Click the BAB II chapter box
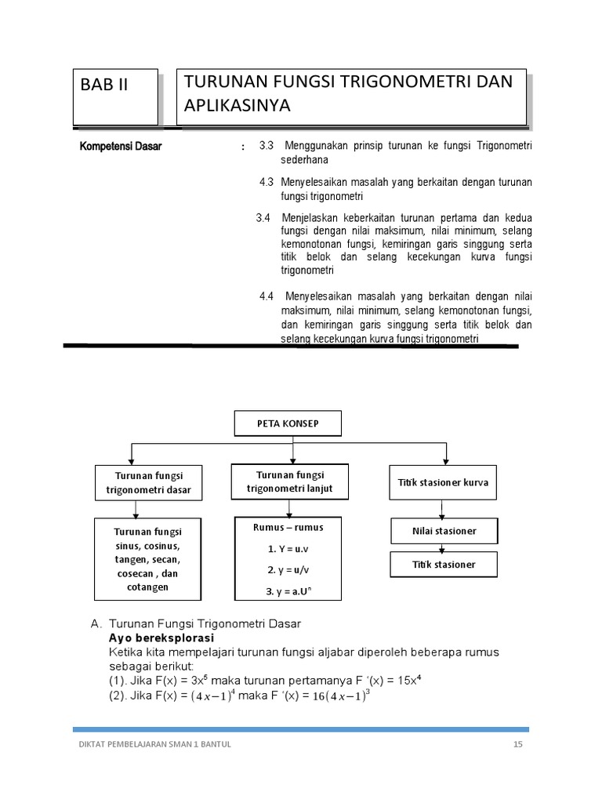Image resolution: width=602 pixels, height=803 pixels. [115, 96]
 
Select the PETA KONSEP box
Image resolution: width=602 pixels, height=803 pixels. [288, 423]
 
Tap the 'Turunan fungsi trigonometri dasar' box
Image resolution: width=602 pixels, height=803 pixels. [148, 483]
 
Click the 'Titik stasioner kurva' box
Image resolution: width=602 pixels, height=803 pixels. [443, 482]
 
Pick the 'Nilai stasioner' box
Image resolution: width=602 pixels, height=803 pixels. [444, 531]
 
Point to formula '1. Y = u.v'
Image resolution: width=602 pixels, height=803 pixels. [288, 549]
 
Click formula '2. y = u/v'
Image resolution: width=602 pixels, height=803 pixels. [288, 569]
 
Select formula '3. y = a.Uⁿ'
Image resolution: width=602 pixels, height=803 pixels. [288, 590]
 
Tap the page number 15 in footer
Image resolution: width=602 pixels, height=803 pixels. [517, 745]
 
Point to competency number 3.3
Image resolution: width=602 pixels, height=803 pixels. [266, 147]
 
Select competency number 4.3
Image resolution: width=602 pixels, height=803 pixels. [267, 182]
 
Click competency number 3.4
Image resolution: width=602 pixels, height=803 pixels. [263, 217]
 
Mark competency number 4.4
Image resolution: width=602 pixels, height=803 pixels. [267, 296]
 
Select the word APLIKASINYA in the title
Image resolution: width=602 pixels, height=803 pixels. [237, 105]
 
